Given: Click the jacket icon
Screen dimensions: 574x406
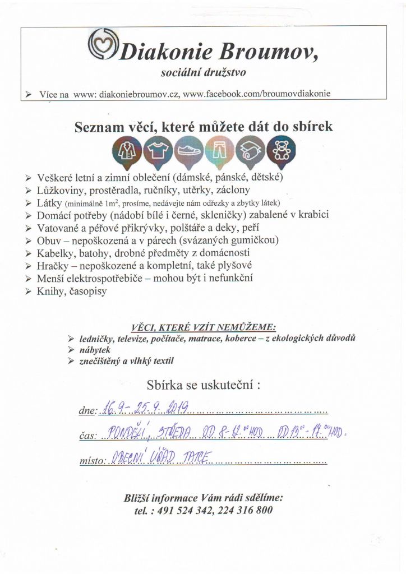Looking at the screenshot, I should click(126, 150).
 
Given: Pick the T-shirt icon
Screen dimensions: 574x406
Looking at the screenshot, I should click(157, 150).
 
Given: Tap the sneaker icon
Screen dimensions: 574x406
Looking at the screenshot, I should click(188, 150).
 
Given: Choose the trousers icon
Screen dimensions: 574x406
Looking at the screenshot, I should click(219, 150).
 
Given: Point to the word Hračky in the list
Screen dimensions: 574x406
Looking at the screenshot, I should click(52, 266).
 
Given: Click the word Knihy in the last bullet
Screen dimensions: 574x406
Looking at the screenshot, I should click(50, 291).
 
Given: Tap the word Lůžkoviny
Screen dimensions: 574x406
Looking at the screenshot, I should click(59, 190).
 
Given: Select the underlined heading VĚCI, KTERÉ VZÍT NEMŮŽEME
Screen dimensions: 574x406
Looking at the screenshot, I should click(204, 327).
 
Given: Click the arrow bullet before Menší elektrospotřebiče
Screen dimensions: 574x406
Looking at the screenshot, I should click(28, 279).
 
